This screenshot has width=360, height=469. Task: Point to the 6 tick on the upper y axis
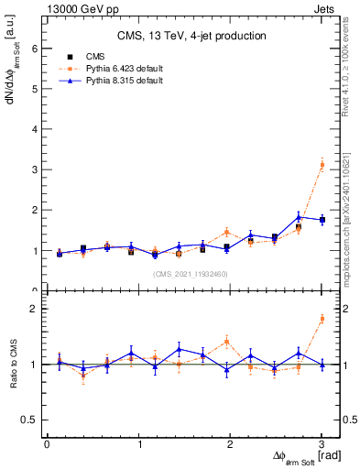(x=34, y=49)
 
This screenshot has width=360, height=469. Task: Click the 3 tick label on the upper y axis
(x=34, y=169)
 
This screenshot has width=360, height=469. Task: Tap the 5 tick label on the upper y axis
(x=34, y=89)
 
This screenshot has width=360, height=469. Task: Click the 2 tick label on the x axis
(x=231, y=445)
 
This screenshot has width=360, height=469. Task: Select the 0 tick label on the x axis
(x=47, y=445)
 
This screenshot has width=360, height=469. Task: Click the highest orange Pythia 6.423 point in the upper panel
(x=322, y=164)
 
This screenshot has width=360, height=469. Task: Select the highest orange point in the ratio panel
(x=322, y=319)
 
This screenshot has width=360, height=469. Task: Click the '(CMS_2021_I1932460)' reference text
(x=191, y=274)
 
